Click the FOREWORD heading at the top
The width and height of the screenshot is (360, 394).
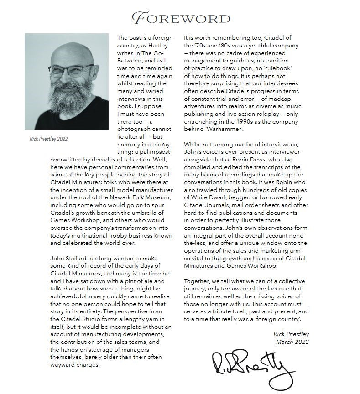[x=181, y=18]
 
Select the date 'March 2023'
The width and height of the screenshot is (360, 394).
[x=292, y=342]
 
